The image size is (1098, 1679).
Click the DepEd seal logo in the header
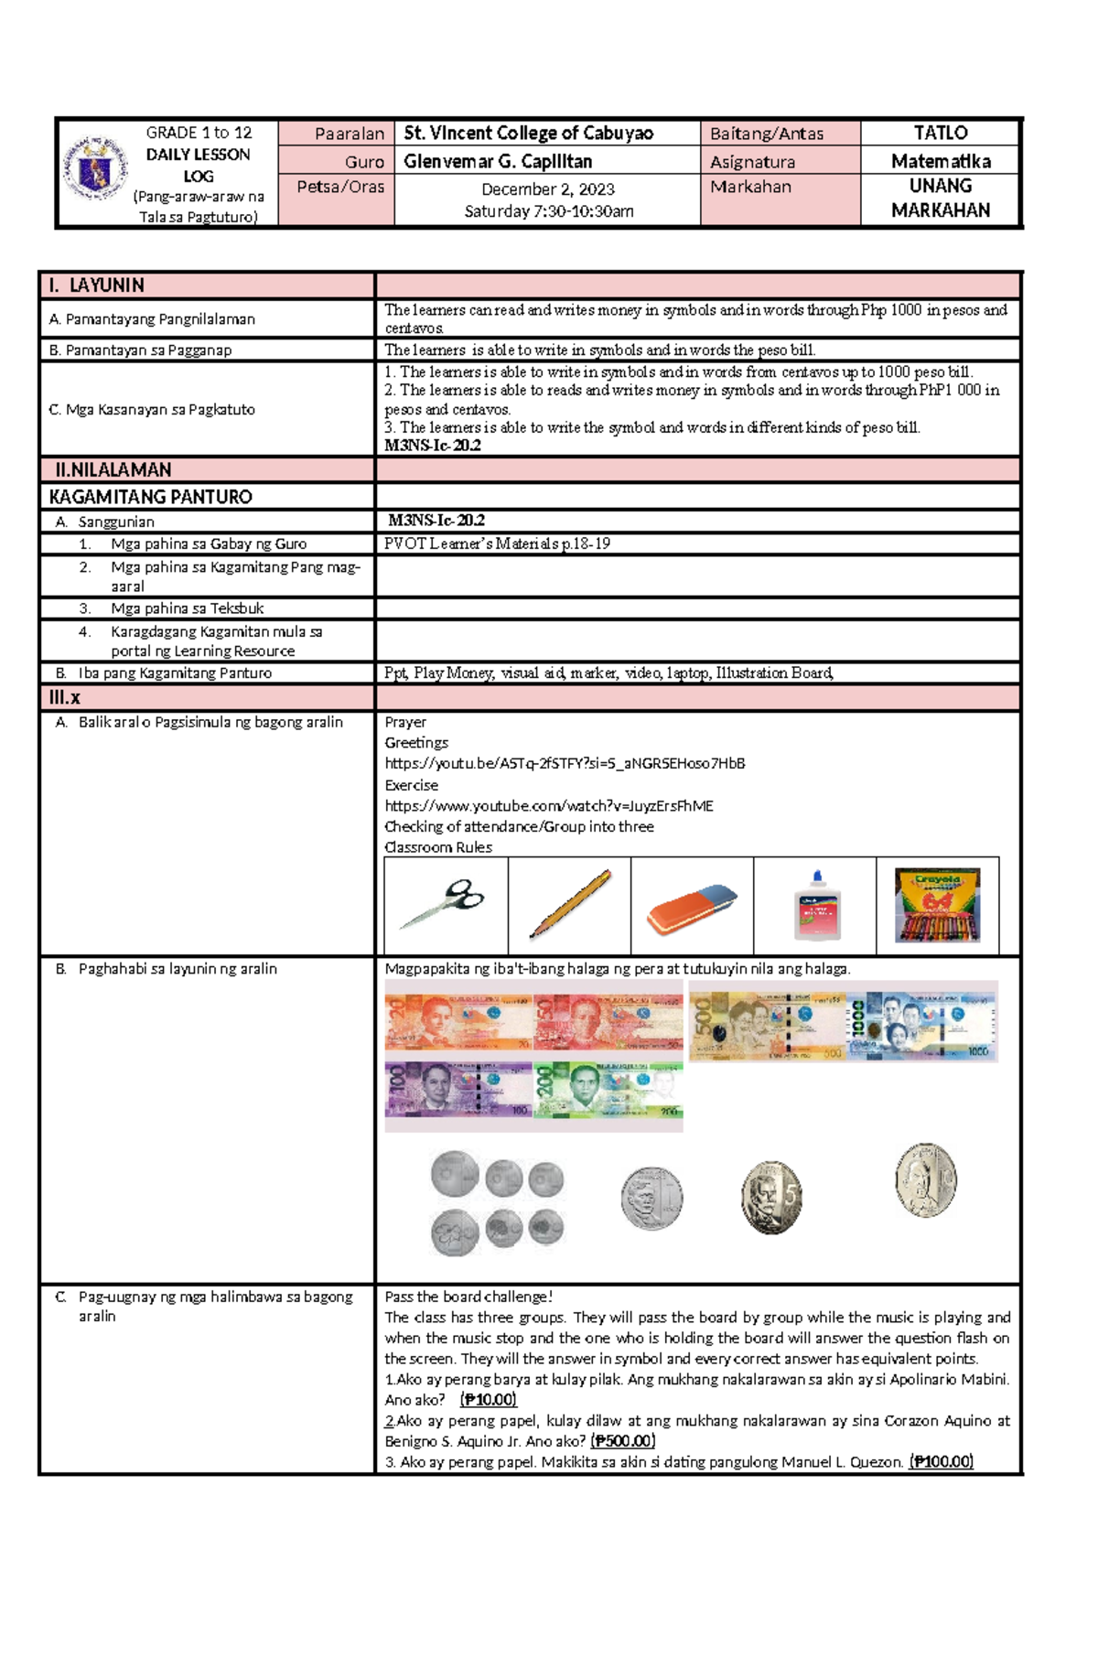(x=94, y=168)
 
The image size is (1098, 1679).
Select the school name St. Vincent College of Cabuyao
(x=528, y=134)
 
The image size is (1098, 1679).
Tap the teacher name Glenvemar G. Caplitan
(x=498, y=162)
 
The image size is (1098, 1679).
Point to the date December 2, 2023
(x=547, y=189)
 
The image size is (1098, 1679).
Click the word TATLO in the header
(x=940, y=134)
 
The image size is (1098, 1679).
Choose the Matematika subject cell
(x=940, y=162)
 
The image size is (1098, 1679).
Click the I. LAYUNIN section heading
(x=96, y=285)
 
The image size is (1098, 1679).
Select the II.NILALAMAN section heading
(x=113, y=470)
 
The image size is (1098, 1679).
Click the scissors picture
(x=447, y=904)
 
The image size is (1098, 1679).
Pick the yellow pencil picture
(x=569, y=904)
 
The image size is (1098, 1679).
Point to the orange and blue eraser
(x=692, y=908)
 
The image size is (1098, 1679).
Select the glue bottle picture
(x=816, y=906)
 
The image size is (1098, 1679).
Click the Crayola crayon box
(x=937, y=905)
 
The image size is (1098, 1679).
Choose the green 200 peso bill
(x=608, y=1091)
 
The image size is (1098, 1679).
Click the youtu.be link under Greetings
(x=565, y=763)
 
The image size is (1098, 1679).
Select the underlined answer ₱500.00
(x=622, y=1441)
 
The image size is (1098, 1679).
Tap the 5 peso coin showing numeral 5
(x=771, y=1197)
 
